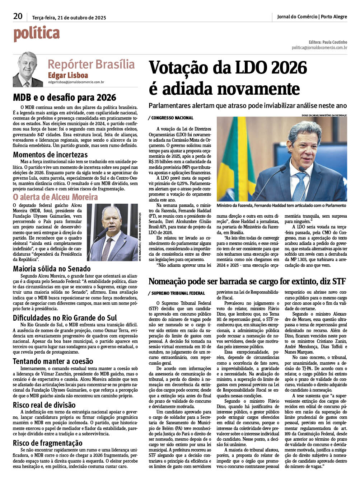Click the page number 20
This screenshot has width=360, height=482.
[18, 16]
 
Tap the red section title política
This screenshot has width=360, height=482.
[37, 34]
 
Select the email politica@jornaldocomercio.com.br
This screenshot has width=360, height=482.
[319, 48]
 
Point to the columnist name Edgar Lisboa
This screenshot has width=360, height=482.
[68, 75]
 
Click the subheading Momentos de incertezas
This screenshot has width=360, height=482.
[50, 155]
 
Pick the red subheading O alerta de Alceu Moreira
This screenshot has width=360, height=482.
[55, 197]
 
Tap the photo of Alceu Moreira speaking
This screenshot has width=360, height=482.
[112, 232]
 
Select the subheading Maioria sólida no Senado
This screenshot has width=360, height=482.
[52, 269]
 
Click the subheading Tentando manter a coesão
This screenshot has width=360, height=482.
[53, 361]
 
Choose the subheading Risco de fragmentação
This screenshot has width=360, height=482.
[48, 443]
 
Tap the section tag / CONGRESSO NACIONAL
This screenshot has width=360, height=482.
[170, 118]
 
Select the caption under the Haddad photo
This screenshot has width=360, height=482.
[281, 205]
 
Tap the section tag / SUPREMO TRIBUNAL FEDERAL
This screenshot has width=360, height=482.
[177, 293]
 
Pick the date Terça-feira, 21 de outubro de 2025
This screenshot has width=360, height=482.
[69, 18]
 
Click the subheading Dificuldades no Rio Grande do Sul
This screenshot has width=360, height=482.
[65, 318]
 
